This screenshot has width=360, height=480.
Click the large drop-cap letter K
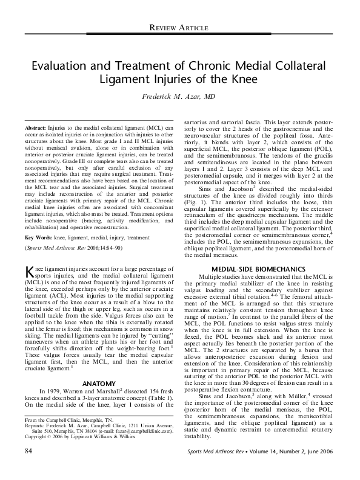coord(29,271)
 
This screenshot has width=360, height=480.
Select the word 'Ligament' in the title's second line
coord(125,79)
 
